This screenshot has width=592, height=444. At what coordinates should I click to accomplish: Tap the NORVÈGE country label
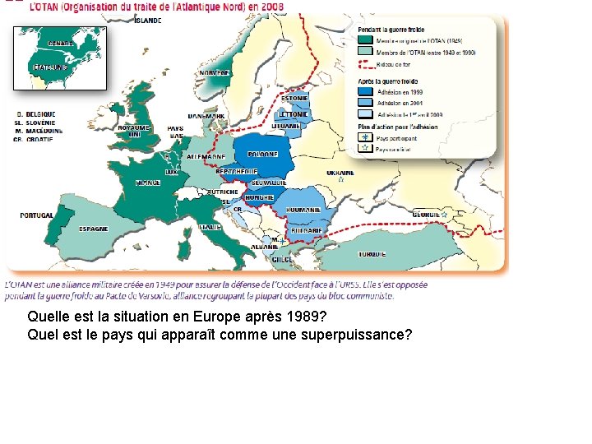click(214, 73)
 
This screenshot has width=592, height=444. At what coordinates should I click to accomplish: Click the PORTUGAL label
click(37, 215)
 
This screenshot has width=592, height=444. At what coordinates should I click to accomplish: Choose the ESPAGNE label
click(93, 229)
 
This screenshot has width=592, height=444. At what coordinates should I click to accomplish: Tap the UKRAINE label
click(340, 173)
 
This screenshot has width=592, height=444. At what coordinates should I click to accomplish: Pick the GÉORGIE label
click(425, 214)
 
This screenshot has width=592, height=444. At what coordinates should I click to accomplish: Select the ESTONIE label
click(294, 99)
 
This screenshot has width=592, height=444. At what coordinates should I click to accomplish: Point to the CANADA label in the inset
click(60, 43)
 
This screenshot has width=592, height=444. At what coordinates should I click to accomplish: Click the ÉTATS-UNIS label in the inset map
click(49, 67)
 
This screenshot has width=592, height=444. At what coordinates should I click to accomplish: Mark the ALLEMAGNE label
click(206, 156)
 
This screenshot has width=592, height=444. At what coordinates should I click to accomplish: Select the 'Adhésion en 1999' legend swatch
click(365, 92)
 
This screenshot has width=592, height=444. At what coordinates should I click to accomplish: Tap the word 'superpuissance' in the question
click(358, 335)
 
